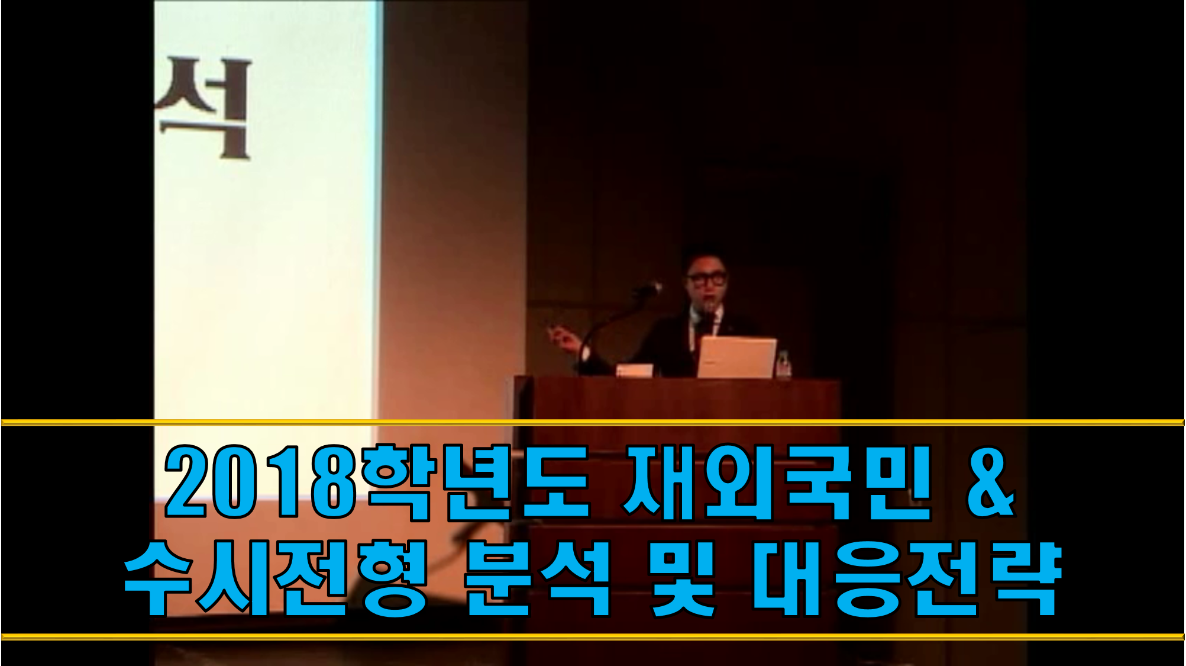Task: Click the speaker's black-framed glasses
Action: click(x=706, y=278)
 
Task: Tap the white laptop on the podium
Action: click(x=736, y=357)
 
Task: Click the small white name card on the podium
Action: click(x=634, y=371)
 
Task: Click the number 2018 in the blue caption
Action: click(x=260, y=482)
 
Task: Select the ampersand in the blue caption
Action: click(x=991, y=482)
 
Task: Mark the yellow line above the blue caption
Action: click(x=593, y=423)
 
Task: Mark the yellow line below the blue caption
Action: click(x=593, y=637)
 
